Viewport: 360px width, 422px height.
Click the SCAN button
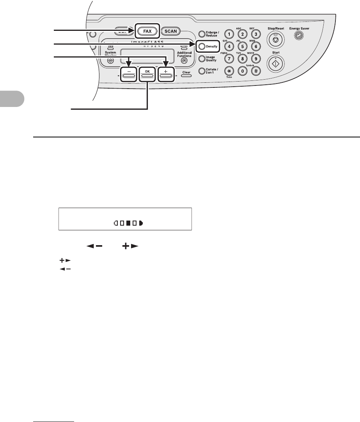[171, 31]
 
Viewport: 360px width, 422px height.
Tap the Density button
[201, 46]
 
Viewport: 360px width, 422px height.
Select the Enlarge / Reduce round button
[202, 34]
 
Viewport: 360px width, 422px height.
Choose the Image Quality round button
[202, 59]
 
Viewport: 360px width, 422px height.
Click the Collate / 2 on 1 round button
[202, 71]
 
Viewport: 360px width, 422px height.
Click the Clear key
[186, 75]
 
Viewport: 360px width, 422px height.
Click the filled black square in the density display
[128, 224]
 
